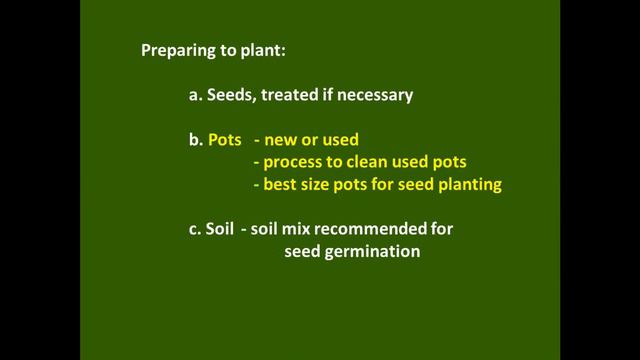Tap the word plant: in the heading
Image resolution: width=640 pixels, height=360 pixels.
pyautogui.click(x=262, y=50)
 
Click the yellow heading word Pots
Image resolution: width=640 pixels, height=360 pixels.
pyautogui.click(x=225, y=141)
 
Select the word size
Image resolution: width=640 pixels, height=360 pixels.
pyautogui.click(x=320, y=185)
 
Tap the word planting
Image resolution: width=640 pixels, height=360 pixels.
pyautogui.click(x=470, y=185)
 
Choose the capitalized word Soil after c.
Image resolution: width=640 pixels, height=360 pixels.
pyautogui.click(x=222, y=230)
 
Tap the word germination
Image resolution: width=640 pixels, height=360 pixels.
pyautogui.click(x=371, y=252)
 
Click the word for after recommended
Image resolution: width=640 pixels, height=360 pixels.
pyautogui.click(x=441, y=230)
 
